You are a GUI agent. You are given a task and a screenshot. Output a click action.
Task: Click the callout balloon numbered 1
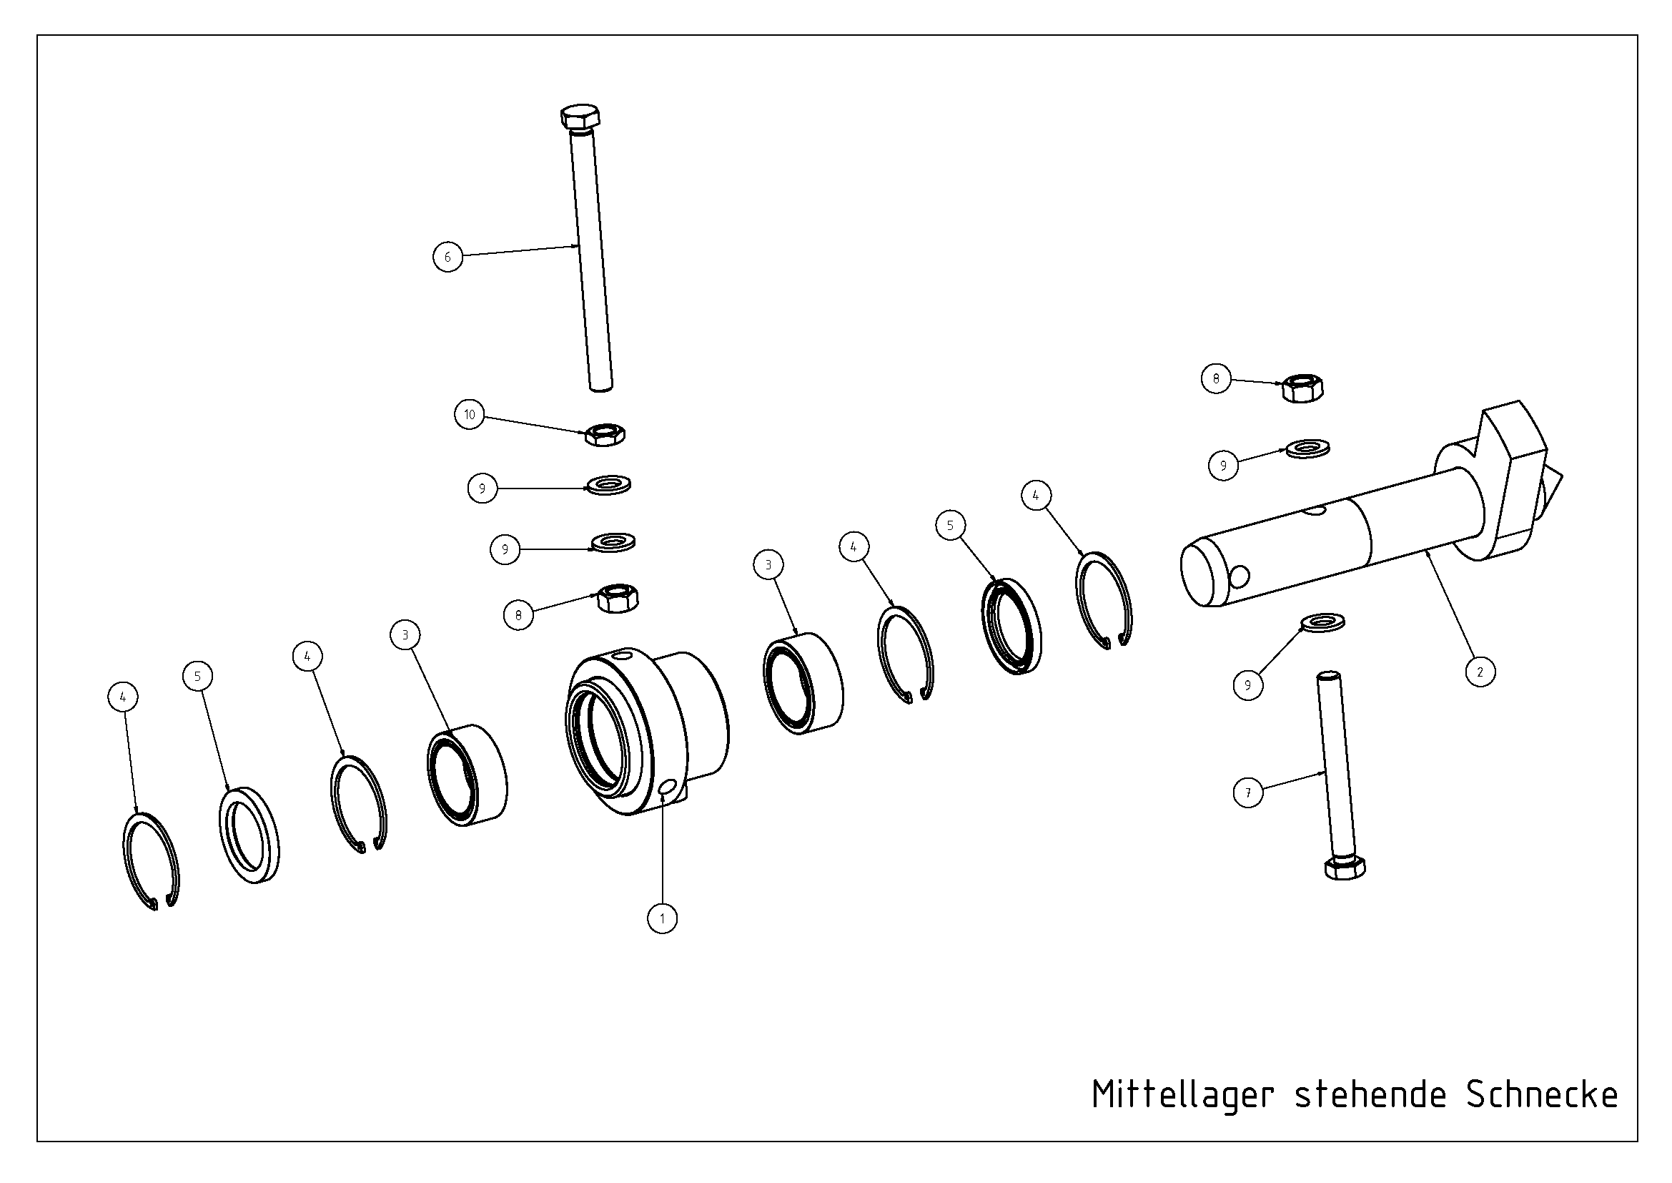click(662, 918)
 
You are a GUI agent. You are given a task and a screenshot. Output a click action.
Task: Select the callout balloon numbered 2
click(1480, 672)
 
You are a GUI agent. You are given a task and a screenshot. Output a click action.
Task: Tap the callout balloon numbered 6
click(448, 257)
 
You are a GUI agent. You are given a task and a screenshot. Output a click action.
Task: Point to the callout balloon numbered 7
click(1248, 792)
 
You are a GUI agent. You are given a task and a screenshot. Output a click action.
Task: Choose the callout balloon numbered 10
click(470, 415)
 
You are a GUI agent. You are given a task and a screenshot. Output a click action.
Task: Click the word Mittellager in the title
click(1182, 1095)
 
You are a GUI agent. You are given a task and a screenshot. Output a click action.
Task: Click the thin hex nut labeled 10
click(605, 435)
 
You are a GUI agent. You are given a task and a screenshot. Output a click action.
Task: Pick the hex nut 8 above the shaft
click(1302, 389)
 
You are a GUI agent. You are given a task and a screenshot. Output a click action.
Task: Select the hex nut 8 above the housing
click(618, 598)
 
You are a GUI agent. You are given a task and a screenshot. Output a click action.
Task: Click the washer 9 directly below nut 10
click(609, 484)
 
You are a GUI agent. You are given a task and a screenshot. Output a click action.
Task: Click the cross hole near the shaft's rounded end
click(1239, 577)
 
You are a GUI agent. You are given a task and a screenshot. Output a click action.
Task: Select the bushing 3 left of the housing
click(468, 775)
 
